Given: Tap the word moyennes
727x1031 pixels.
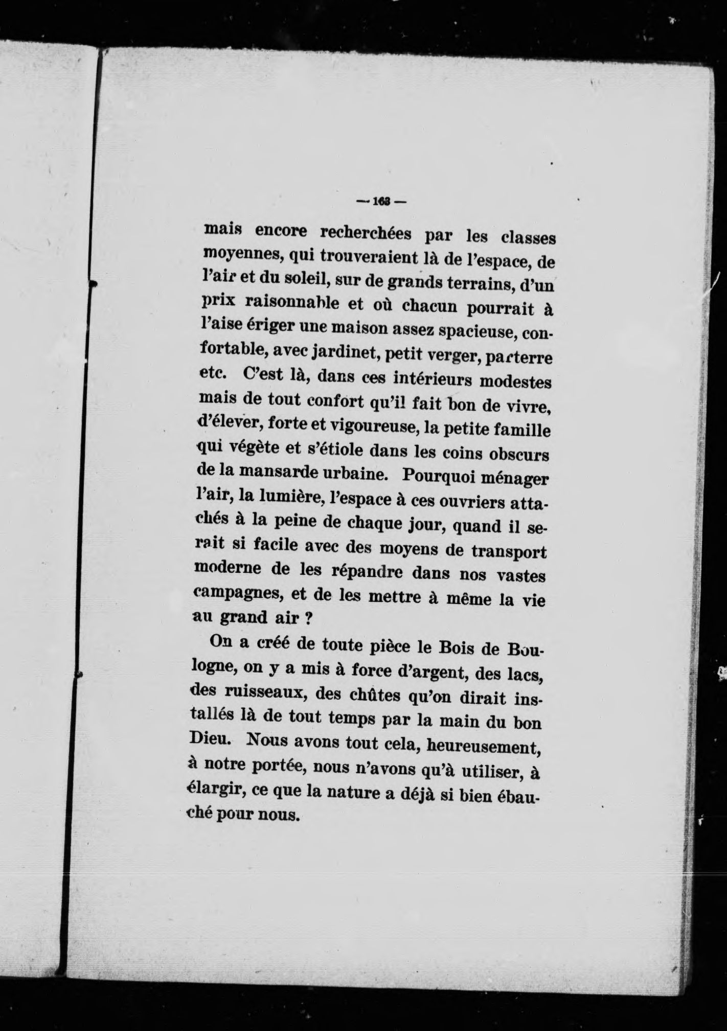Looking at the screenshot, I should pyautogui.click(x=240, y=254).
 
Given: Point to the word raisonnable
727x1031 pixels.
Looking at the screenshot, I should pyautogui.click(x=292, y=303).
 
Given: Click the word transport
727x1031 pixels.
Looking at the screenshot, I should pyautogui.click(x=507, y=553).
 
